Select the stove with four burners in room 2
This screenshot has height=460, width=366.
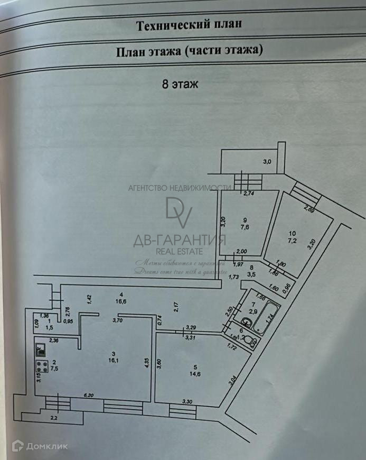41,366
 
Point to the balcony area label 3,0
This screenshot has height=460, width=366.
267,162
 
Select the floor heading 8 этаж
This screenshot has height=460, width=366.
180,84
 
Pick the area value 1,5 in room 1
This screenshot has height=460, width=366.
49,327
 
